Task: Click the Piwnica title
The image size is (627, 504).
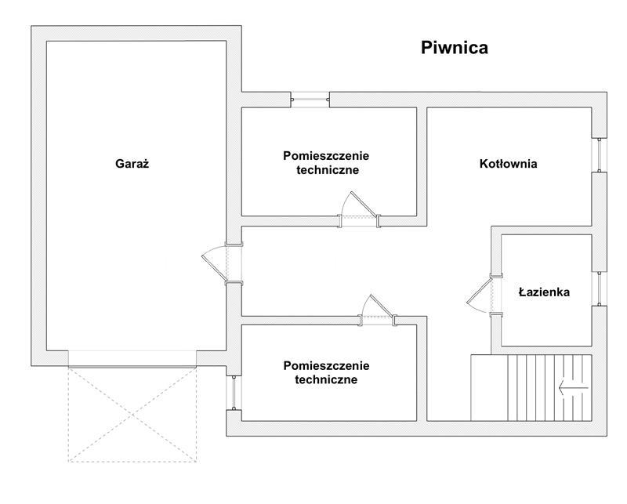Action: pos(455,48)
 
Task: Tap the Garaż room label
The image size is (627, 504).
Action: pos(132,164)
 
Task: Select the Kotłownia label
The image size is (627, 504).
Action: pos(508,164)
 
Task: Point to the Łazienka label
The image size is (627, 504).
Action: pos(544,292)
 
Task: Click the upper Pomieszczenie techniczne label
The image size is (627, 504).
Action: pos(326,163)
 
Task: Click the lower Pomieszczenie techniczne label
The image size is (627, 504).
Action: pos(326,372)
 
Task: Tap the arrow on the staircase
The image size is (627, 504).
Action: pos(574,387)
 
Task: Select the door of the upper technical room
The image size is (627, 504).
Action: pos(359,209)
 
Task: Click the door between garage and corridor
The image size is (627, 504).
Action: pos(223,263)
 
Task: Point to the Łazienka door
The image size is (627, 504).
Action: pos(484,295)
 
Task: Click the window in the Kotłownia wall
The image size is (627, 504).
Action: pos(600,155)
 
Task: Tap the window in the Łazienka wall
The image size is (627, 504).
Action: pos(600,288)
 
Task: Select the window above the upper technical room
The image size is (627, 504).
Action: pos(310,100)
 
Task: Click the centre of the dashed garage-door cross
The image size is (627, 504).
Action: pos(132,415)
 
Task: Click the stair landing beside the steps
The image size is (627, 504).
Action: pos(489,387)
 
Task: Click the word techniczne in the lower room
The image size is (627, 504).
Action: pos(326,379)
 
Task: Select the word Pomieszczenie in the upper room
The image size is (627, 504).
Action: pos(326,156)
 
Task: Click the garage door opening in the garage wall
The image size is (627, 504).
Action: pos(132,359)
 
